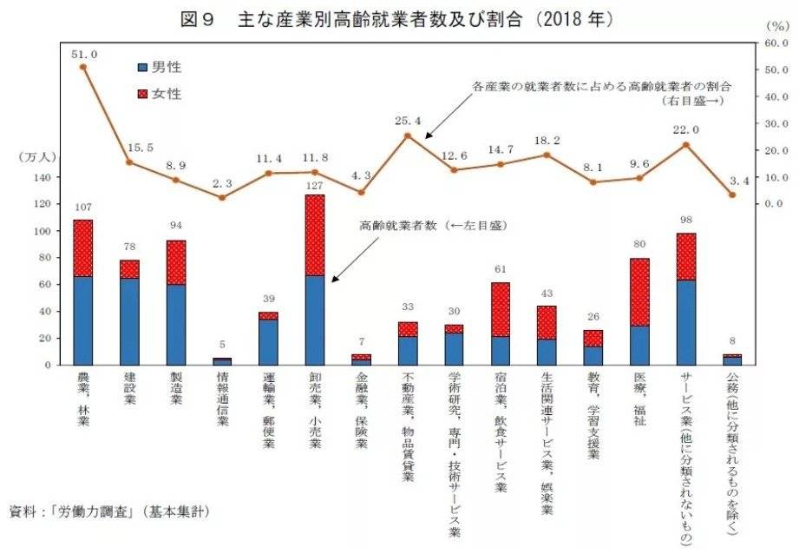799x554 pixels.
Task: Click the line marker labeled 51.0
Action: click(83, 67)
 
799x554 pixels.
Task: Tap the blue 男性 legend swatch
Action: click(143, 67)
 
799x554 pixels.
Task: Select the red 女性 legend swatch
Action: click(143, 93)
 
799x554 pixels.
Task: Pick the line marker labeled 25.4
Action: click(408, 135)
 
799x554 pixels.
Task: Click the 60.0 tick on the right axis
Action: click(775, 43)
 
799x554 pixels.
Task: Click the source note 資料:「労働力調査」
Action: click(108, 510)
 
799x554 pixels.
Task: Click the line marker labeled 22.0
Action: click(686, 144)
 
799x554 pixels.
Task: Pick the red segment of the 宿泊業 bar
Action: click(501, 309)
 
